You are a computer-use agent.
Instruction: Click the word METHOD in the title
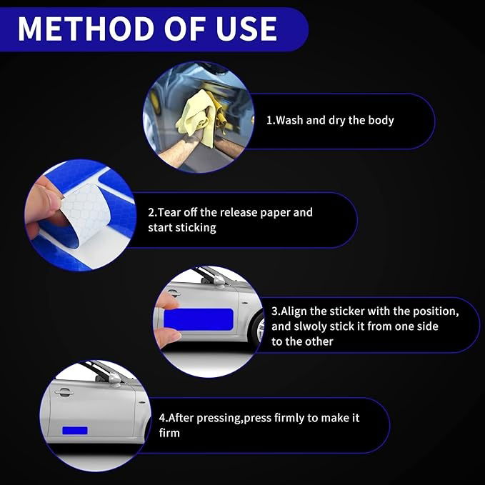coord(86,29)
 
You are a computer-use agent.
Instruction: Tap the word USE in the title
coord(246,29)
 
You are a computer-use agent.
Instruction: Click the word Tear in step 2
coord(170,212)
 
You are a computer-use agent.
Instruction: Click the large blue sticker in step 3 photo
coord(199,319)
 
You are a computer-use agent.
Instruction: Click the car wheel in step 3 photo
coord(259,328)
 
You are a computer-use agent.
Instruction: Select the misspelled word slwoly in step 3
coord(310,326)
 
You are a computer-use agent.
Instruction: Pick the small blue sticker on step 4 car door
coord(75,430)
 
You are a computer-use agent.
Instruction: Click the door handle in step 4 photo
coord(64,392)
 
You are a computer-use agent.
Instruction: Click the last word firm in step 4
coord(169,433)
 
